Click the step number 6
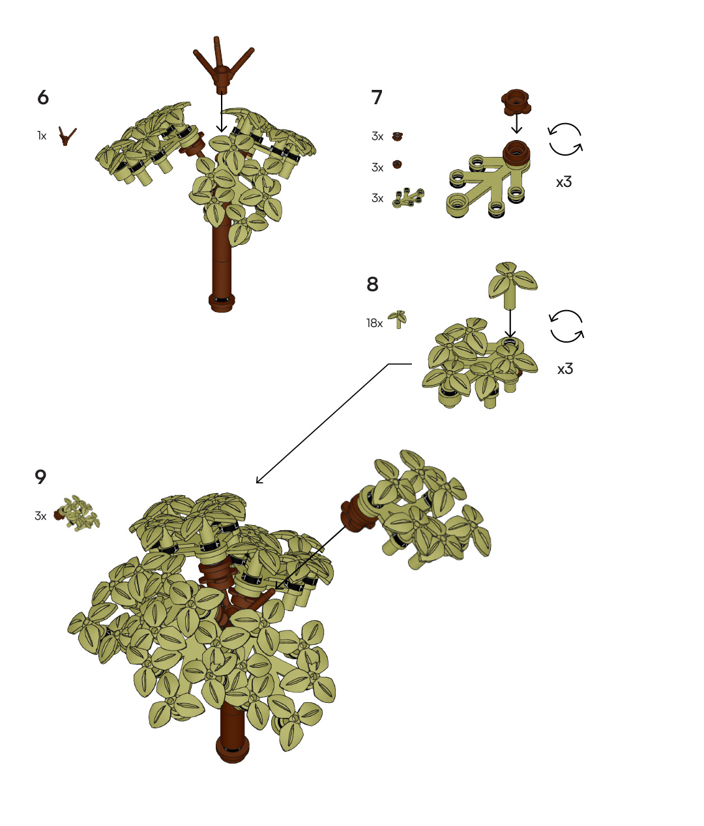(x=43, y=98)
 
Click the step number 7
(x=377, y=98)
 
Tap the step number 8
(x=372, y=285)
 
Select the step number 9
(x=40, y=477)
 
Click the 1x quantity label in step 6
(x=42, y=136)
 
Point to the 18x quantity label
(x=374, y=323)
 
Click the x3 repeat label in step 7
(x=564, y=182)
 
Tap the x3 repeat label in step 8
(x=565, y=369)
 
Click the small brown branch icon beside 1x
(x=66, y=136)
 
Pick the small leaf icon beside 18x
(x=398, y=319)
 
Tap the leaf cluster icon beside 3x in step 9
(x=77, y=513)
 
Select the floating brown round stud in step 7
(x=516, y=102)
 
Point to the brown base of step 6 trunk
(x=222, y=302)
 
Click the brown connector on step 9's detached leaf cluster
(x=357, y=513)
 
